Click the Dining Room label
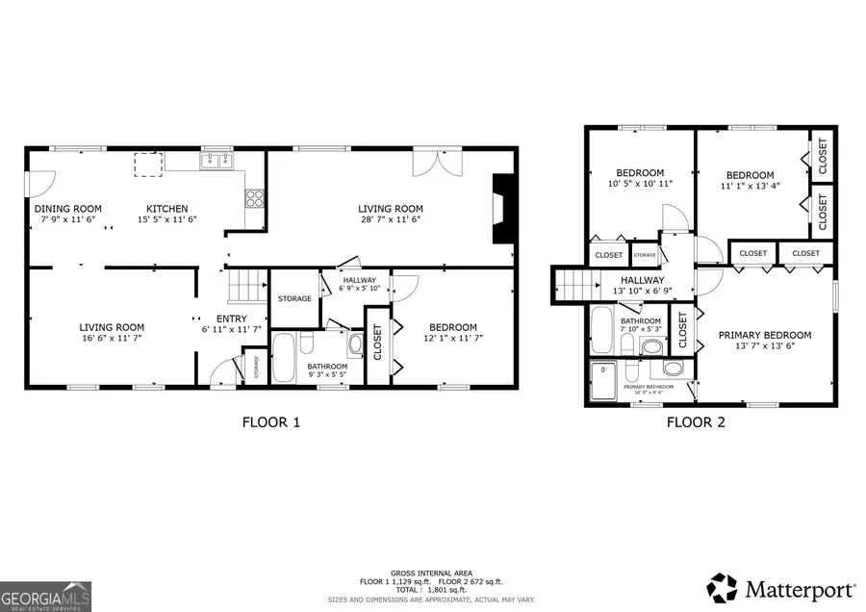67,209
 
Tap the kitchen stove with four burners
256,199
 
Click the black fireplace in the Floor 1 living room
503,210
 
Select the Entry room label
231,319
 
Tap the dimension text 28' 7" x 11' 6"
391,219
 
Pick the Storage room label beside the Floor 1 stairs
294,298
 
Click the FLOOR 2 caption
695,421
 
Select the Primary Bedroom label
765,335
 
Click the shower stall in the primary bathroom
605,381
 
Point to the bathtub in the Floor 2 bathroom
601,332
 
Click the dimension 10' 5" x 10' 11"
640,183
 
